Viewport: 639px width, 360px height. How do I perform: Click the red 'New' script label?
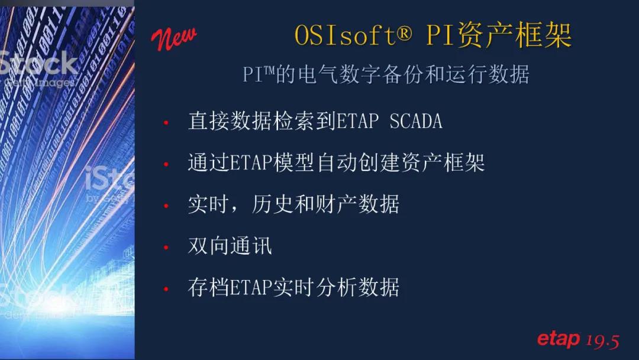[174, 38]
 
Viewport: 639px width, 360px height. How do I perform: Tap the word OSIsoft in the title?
[345, 35]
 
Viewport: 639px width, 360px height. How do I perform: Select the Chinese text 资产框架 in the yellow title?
[515, 35]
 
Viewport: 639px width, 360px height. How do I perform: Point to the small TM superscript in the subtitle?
[269, 70]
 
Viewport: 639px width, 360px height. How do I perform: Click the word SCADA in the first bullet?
[416, 121]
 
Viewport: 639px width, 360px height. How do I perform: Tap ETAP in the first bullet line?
[357, 121]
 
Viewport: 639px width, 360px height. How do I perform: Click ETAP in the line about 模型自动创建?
[251, 162]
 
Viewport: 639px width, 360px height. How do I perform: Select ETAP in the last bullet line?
[251, 287]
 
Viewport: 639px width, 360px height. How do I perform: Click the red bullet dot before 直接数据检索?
[166, 122]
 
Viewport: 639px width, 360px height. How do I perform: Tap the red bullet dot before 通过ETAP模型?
[166, 164]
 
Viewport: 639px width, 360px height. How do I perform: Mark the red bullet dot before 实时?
[166, 205]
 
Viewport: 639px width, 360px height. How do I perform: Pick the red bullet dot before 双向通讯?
[166, 247]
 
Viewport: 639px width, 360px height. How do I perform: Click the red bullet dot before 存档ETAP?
[166, 289]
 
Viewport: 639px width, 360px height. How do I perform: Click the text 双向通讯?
[230, 246]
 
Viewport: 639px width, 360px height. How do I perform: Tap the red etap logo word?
[559, 339]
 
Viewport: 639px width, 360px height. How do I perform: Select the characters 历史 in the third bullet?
[272, 204]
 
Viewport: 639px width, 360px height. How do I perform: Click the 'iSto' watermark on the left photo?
[109, 179]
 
